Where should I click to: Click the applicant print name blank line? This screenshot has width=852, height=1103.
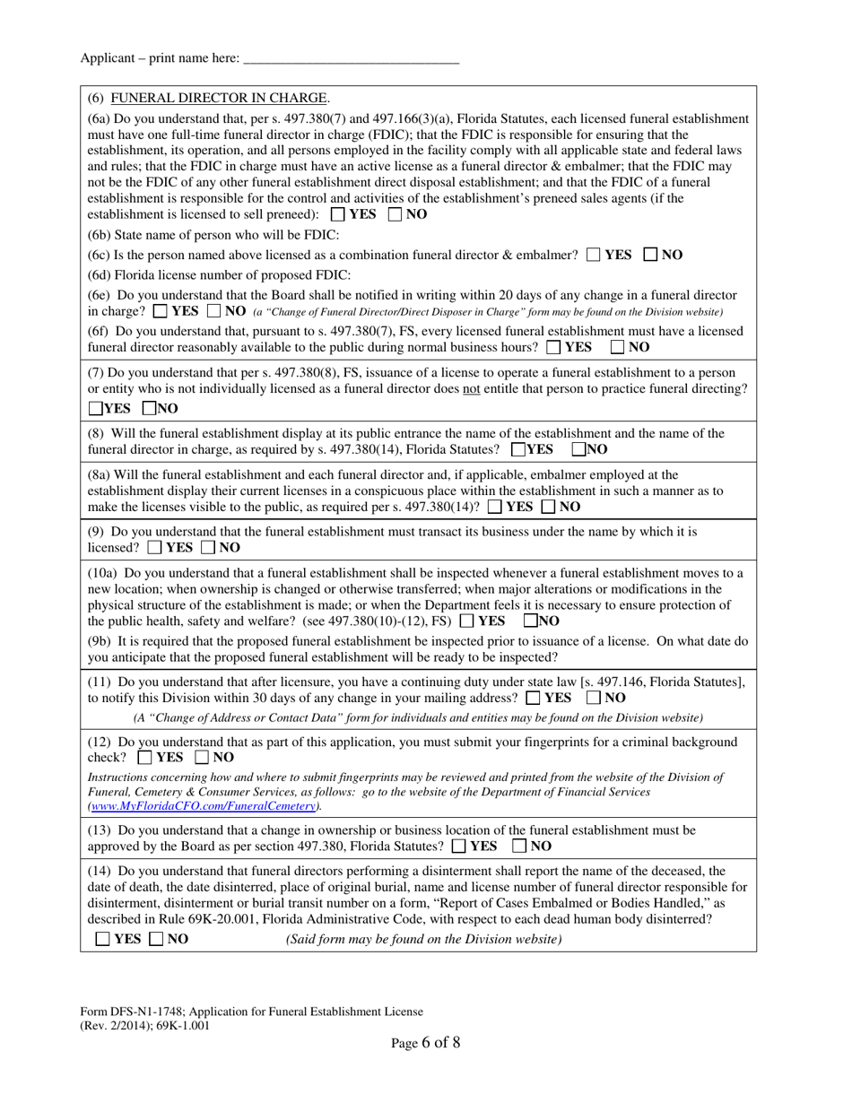(351, 59)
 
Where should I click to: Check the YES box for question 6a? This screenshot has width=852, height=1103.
(337, 214)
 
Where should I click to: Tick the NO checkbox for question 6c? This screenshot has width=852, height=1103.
(651, 255)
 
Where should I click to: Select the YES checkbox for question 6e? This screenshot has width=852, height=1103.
(161, 312)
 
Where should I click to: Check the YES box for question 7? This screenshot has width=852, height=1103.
(95, 408)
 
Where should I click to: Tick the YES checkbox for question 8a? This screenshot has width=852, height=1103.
(495, 507)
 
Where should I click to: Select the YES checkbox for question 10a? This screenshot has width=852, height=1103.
(466, 621)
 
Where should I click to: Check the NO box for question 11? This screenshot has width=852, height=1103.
(595, 698)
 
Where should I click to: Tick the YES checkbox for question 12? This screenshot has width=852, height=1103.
(145, 757)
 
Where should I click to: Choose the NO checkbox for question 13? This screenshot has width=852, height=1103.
(520, 846)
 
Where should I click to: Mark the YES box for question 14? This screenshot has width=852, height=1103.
(103, 940)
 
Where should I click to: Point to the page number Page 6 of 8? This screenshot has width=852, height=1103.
(425, 1042)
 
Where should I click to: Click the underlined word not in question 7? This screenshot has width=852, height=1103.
(472, 388)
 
